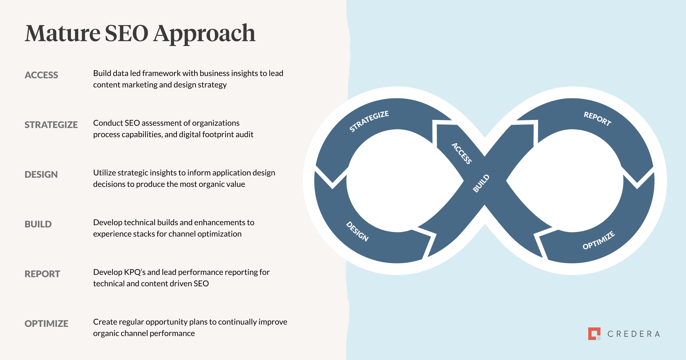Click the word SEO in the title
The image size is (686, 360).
point(127,33)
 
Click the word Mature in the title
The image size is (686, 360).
point(63,33)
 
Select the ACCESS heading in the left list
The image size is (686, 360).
point(41,75)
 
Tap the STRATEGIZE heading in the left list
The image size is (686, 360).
point(51,125)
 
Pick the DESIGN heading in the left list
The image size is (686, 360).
point(41,174)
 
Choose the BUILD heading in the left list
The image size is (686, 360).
point(38,224)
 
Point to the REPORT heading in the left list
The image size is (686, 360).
point(42,274)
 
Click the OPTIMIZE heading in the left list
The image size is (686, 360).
point(46,323)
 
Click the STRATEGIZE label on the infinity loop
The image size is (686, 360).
point(369,121)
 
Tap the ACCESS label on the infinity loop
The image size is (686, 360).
point(461,153)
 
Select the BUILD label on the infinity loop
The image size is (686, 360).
point(481,183)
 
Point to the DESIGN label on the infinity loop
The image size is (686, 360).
point(357,231)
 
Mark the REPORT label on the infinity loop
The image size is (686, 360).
point(597,119)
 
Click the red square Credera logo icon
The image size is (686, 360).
point(594,333)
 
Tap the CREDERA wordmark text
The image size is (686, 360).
point(634,334)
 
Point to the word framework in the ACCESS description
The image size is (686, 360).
point(161,73)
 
